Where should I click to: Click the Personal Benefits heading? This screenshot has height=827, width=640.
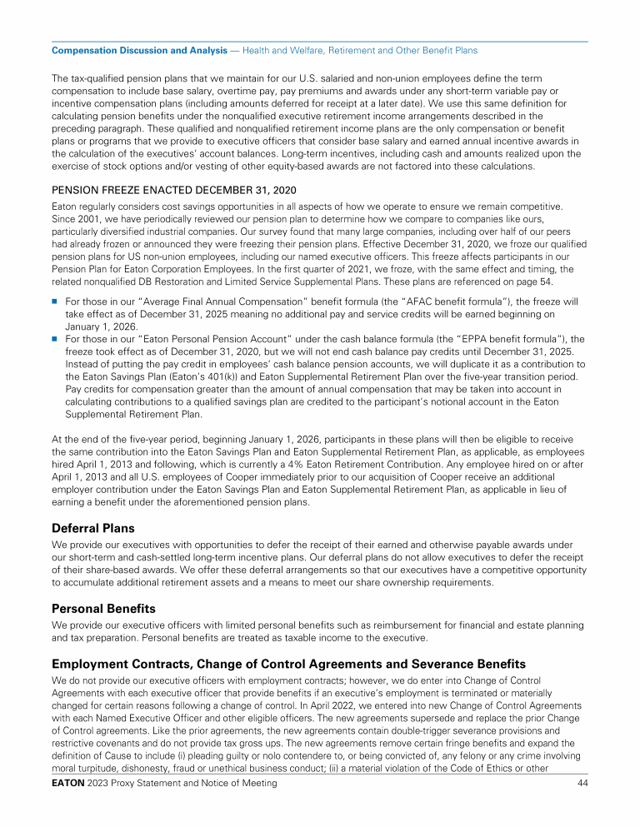click(x=103, y=608)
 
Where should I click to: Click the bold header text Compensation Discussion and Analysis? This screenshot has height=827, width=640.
click(x=139, y=51)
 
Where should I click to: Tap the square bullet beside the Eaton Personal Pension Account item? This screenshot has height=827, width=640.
click(x=55, y=339)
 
